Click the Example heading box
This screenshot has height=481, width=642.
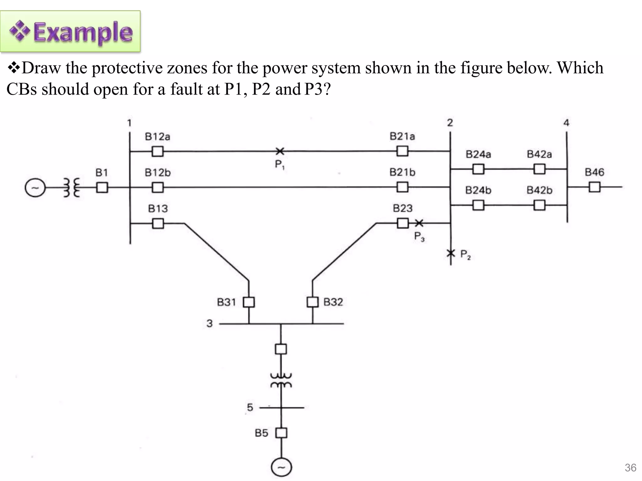click(x=70, y=31)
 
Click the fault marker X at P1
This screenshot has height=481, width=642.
click(x=280, y=151)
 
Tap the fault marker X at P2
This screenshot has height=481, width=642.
click(x=451, y=253)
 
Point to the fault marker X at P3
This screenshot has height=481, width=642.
click(x=419, y=223)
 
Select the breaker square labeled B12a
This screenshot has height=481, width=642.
click(x=157, y=151)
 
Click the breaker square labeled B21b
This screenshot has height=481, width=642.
click(x=403, y=187)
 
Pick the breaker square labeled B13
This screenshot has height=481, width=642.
click(x=158, y=223)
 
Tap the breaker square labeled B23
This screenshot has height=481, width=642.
click(x=403, y=223)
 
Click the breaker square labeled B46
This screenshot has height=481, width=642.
click(x=594, y=187)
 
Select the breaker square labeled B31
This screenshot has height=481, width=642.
click(x=249, y=302)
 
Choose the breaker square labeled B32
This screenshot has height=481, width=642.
click(x=312, y=302)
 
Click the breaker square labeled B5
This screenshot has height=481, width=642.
click(x=281, y=433)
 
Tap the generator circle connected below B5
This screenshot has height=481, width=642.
click(x=281, y=467)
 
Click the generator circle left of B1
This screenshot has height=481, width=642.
click(x=35, y=188)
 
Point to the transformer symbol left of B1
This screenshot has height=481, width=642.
click(x=72, y=188)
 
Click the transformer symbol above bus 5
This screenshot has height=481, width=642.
click(x=281, y=380)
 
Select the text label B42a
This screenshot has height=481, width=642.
click(x=539, y=154)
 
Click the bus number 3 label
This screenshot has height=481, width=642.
click(x=209, y=323)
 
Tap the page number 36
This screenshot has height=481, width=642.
click(x=630, y=468)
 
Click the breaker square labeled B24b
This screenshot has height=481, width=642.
click(x=478, y=205)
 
